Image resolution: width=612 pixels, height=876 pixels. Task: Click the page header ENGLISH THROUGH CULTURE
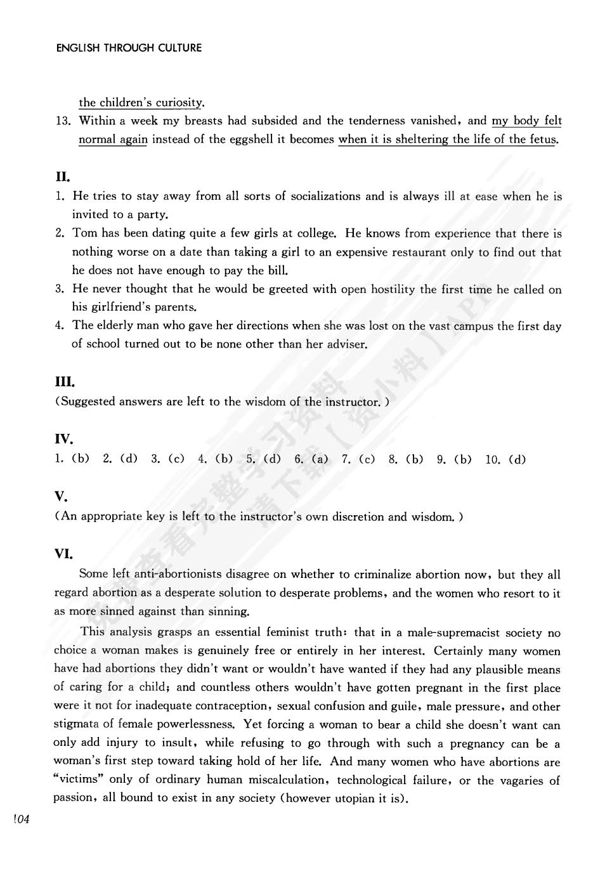coord(129,48)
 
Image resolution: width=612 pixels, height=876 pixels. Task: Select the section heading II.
coord(62,176)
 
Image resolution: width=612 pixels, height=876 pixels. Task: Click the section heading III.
coord(65,382)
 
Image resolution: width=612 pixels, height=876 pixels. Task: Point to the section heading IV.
coord(64,439)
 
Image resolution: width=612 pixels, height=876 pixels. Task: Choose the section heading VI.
coord(64,554)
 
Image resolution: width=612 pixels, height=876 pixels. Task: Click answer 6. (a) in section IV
coord(311,459)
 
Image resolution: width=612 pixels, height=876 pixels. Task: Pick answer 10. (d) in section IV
coord(505,459)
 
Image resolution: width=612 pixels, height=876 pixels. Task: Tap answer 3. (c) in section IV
coord(167,459)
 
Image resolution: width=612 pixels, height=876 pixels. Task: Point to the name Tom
coord(85,233)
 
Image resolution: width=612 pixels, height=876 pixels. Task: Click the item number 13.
coord(63,121)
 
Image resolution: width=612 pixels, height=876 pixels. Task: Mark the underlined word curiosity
coord(179,102)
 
